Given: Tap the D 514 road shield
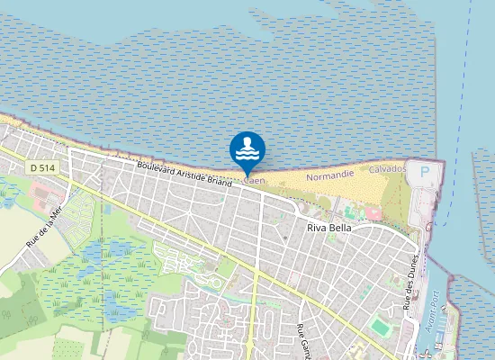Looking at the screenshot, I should pos(41,167).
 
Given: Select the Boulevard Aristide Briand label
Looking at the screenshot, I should pos(184,174).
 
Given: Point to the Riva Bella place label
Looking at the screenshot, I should pos(328,228).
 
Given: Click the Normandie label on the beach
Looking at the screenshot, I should pos(329,175).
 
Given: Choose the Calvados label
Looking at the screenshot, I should pos(388,169).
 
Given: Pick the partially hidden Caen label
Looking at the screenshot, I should pos(255,180).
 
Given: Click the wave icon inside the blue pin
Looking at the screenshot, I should pos(247,147).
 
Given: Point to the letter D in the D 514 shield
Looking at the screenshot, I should pos(33,167).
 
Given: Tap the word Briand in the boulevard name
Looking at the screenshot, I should pos(218,180).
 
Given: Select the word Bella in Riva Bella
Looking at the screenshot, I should pos(339,228).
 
